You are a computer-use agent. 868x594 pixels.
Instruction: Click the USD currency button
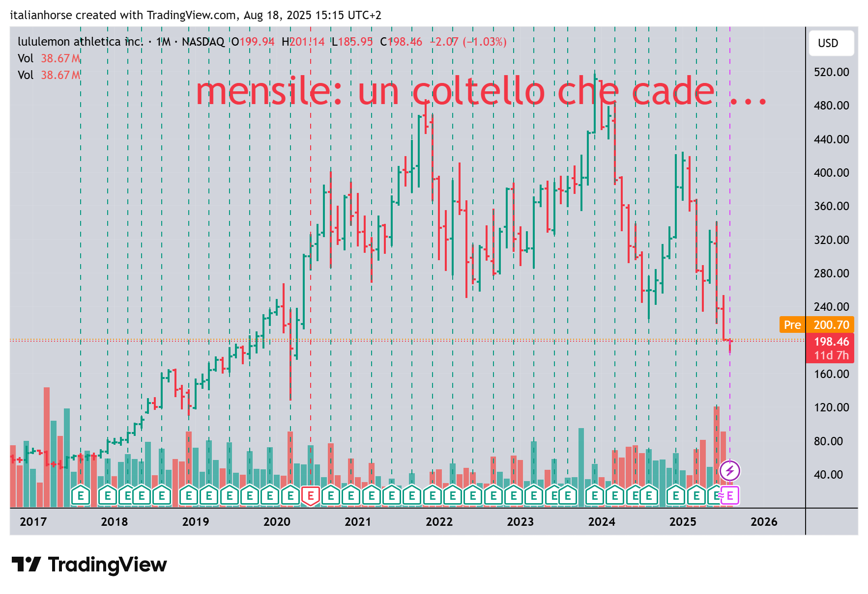click(x=831, y=43)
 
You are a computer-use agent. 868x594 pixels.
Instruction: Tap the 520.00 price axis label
click(x=831, y=72)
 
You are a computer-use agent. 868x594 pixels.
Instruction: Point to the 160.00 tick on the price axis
click(x=831, y=374)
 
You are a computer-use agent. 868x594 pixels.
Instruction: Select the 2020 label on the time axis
click(x=277, y=522)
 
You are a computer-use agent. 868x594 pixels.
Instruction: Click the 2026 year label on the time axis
click(x=764, y=522)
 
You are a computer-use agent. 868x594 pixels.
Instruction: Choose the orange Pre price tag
click(x=792, y=325)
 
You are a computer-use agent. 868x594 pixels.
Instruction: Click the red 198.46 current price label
click(x=831, y=342)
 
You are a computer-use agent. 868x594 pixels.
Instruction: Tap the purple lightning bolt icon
click(x=730, y=471)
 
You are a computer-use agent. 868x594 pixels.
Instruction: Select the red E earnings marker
click(x=311, y=496)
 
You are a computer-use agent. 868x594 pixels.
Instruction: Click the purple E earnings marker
click(x=730, y=496)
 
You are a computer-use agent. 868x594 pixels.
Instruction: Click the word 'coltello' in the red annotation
click(x=478, y=92)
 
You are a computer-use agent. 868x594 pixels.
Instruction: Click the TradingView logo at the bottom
click(x=89, y=565)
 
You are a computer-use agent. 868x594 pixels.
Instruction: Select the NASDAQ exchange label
click(x=203, y=42)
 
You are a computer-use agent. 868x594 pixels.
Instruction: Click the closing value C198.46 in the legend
click(x=401, y=42)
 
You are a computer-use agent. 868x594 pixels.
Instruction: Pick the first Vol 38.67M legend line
click(x=49, y=58)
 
